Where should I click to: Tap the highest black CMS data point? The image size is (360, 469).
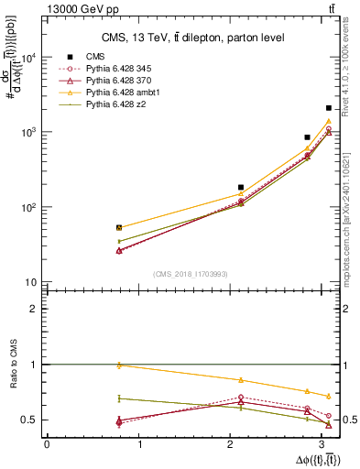328,108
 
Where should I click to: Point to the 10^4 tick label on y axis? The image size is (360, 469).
27,58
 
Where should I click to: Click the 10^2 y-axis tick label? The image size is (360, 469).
27,207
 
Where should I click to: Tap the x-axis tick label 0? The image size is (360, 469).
47,445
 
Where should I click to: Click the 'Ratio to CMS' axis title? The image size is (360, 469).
13,364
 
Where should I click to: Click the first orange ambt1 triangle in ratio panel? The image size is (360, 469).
118,365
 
